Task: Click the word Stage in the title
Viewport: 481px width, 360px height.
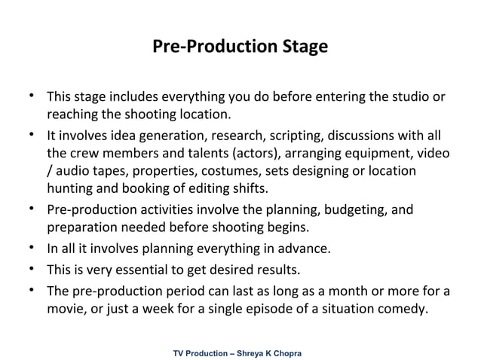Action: [x=304, y=47]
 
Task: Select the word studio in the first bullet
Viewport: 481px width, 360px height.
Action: [x=410, y=97]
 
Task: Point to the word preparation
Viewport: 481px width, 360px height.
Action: [x=81, y=227]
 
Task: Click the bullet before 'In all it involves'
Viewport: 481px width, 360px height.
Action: [x=32, y=246]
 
